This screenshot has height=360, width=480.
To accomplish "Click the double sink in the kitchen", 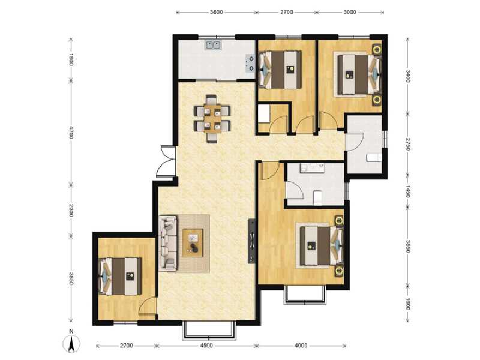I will (x=213, y=44).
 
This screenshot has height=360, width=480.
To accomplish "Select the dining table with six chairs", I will (x=212, y=118).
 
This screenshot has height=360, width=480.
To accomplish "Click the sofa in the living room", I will (x=169, y=243).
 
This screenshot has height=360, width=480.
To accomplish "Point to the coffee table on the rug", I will (x=194, y=242).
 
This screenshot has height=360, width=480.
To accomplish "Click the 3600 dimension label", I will (x=217, y=12).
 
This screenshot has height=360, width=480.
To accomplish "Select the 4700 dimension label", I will (x=71, y=133).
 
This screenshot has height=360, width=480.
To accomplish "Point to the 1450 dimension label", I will (x=407, y=191).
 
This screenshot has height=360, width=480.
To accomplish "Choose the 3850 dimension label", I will (x=71, y=278).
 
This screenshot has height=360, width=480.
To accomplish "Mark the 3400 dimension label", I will (x=407, y=76).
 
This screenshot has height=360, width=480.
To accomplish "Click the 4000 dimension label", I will (x=301, y=346).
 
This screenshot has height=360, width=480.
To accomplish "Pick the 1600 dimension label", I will (x=407, y=304).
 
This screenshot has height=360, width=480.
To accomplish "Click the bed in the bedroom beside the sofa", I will (x=121, y=276).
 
